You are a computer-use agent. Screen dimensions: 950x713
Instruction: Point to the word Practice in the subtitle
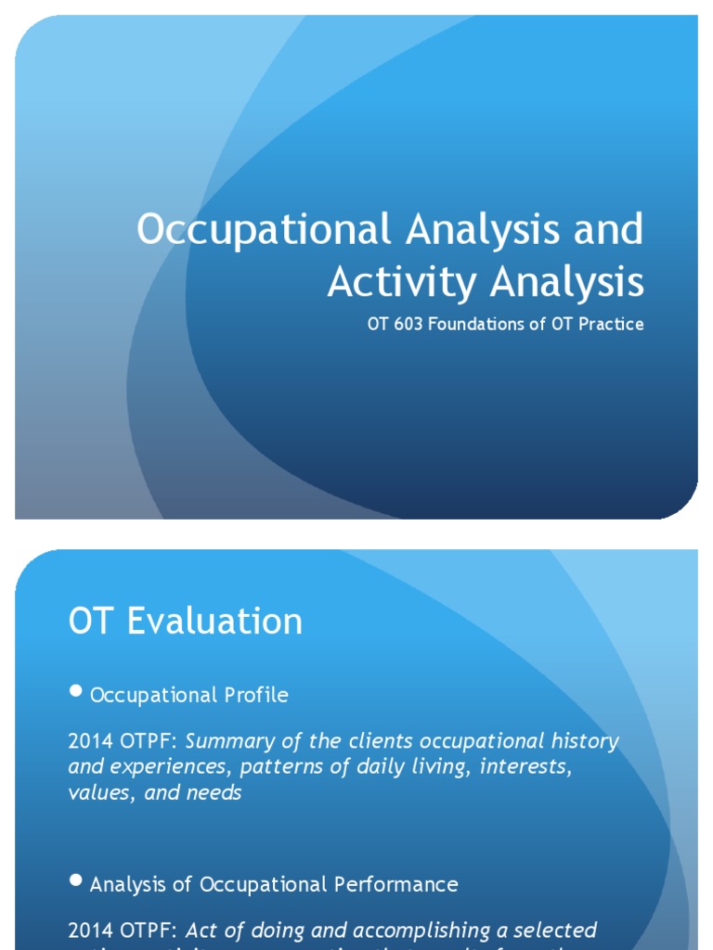[608, 325]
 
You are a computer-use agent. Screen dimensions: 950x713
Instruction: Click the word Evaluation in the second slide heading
[214, 621]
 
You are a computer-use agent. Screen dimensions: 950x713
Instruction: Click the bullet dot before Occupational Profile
[77, 692]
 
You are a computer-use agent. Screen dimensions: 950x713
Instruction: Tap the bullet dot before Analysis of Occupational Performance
[77, 881]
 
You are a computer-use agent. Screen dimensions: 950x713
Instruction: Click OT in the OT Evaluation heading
[91, 621]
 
